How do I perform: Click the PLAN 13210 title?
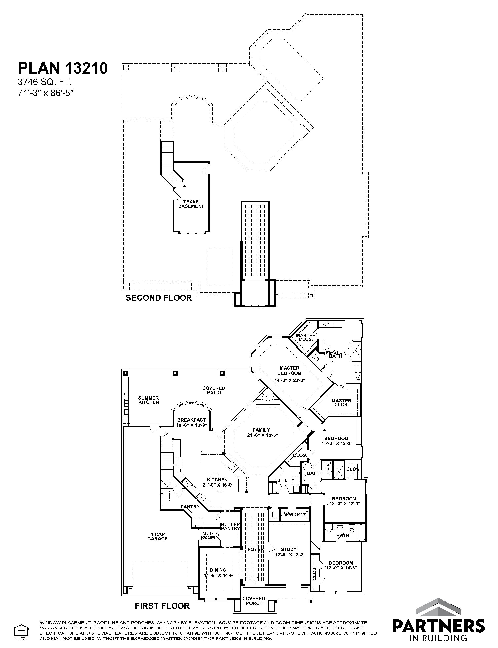click(x=63, y=68)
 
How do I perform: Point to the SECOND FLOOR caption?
click(x=158, y=298)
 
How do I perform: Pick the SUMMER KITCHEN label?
click(x=148, y=400)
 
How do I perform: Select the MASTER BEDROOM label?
click(x=289, y=371)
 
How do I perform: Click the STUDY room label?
click(x=289, y=549)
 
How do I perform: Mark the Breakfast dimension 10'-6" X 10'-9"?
click(x=191, y=425)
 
